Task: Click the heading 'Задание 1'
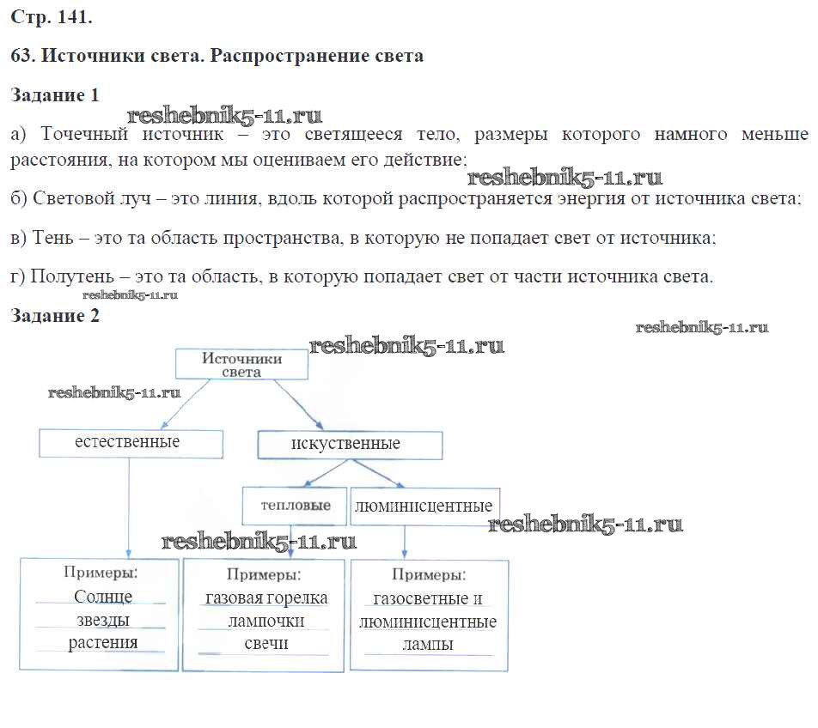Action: (x=55, y=95)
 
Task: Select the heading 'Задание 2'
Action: (x=55, y=316)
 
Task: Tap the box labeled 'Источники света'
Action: (x=241, y=365)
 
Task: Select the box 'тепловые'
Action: (x=296, y=506)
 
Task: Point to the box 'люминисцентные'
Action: (x=424, y=506)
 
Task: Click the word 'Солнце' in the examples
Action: (x=103, y=597)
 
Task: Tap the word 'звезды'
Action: (x=102, y=620)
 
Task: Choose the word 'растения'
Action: (x=103, y=642)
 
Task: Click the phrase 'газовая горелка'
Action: (x=266, y=598)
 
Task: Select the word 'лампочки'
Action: (x=266, y=621)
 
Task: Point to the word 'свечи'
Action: (x=266, y=644)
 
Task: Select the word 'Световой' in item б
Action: (x=70, y=198)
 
